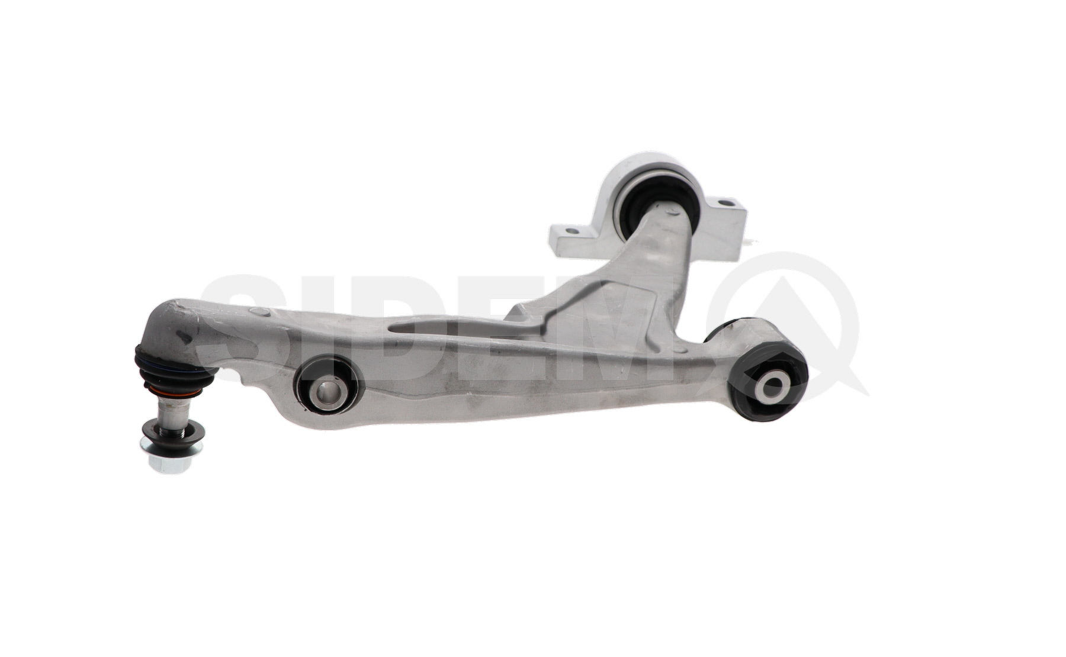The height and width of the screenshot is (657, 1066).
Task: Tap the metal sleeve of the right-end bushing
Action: click(772, 387)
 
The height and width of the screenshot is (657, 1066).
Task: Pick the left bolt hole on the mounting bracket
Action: click(571, 230)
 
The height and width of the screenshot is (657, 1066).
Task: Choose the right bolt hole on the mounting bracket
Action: click(724, 203)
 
